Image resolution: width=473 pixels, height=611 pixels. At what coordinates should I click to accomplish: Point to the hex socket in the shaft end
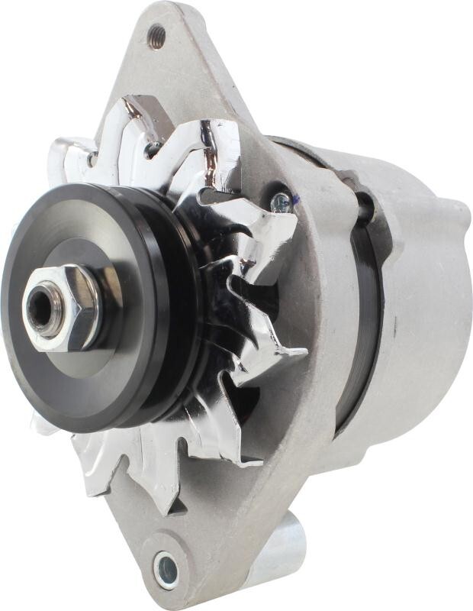coord(37,306)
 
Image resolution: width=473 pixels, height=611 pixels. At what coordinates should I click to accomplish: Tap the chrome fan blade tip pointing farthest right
coord(294,354)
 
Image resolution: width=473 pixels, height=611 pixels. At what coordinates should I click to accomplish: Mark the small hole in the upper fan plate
coord(91,160)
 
